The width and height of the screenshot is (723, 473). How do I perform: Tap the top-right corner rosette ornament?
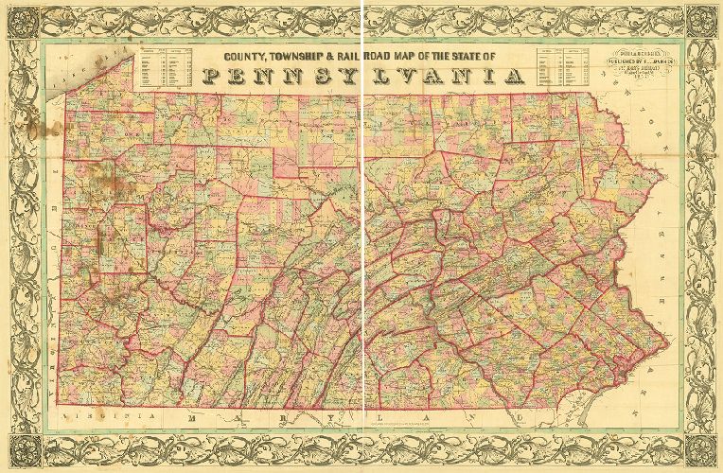pos(701,20)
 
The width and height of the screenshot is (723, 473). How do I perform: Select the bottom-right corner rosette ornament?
pos(701,452)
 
